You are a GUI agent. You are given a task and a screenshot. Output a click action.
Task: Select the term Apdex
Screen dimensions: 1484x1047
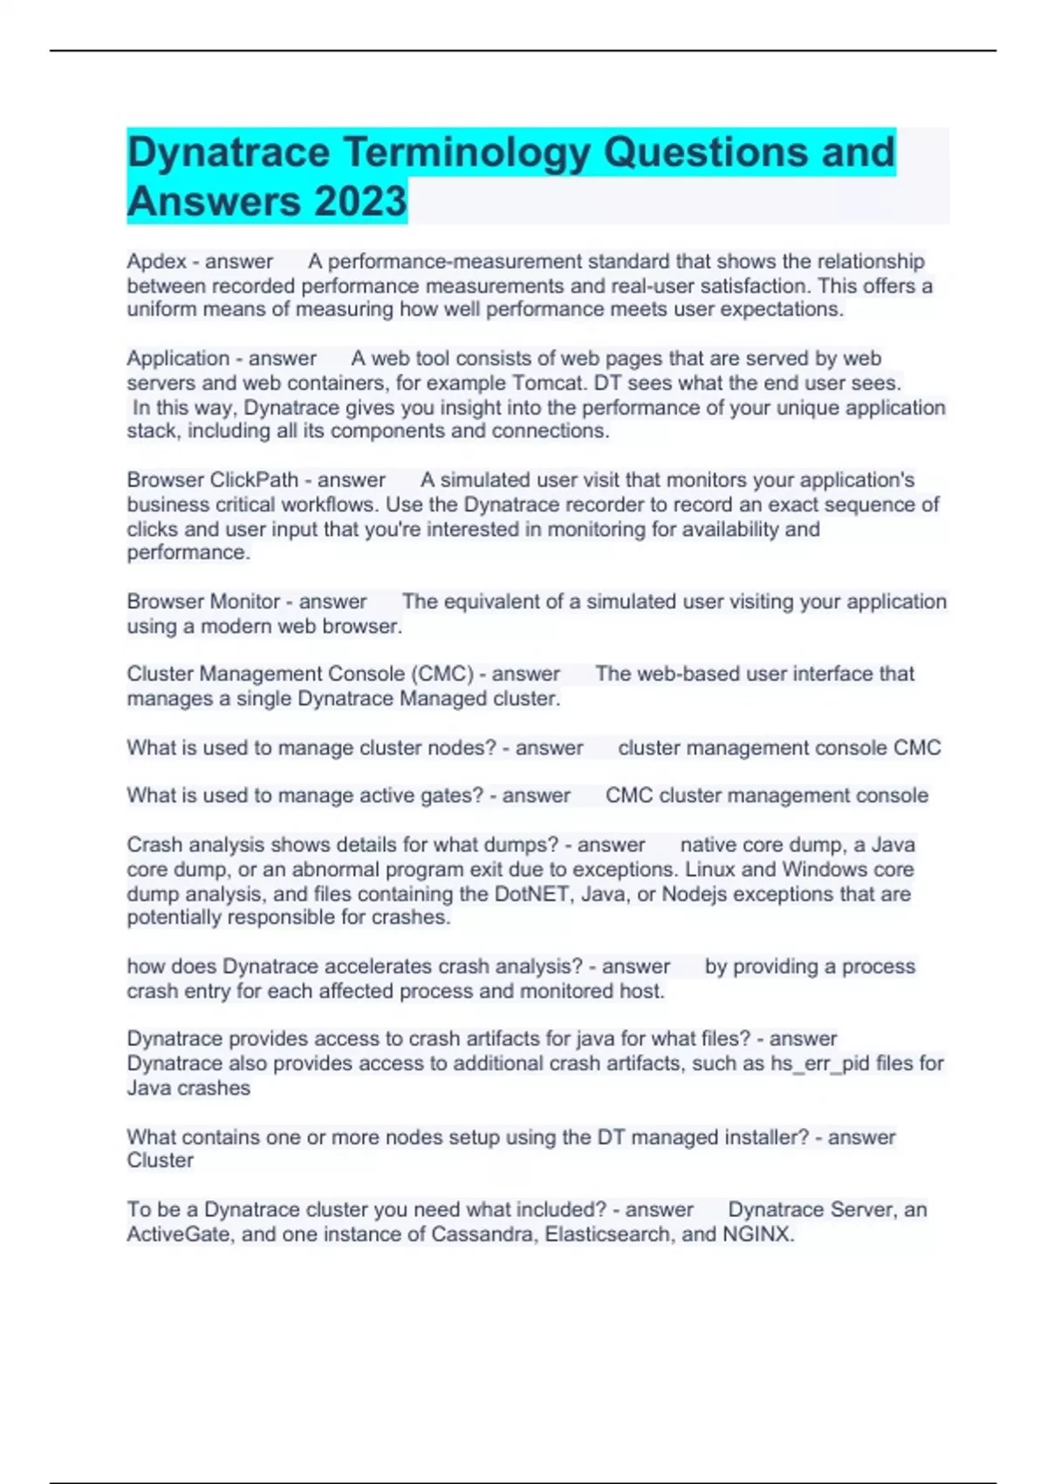tap(157, 262)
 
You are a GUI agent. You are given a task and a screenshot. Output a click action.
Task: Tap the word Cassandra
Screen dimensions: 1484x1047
tap(484, 1234)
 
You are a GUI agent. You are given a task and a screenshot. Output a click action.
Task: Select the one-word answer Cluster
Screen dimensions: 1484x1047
tap(161, 1160)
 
